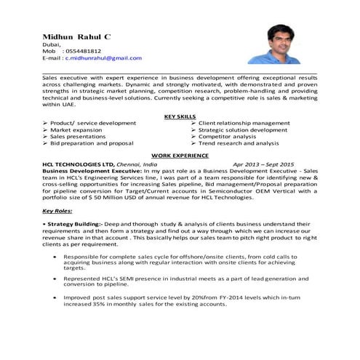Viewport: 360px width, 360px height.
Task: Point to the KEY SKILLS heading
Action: pyautogui.click(x=180, y=116)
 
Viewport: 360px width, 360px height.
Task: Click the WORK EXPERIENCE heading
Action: pyautogui.click(x=180, y=156)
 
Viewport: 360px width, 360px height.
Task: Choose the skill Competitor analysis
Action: pyautogui.click(x=232, y=137)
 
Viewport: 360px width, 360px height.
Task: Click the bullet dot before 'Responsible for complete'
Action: pyautogui.click(x=54, y=257)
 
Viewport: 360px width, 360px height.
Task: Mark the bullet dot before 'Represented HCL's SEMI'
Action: pyautogui.click(x=54, y=278)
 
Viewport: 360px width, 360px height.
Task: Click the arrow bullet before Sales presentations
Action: pyautogui.click(x=45, y=137)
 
